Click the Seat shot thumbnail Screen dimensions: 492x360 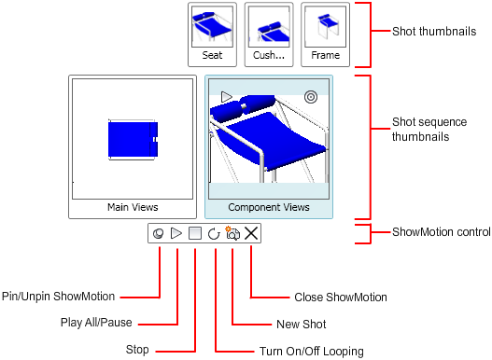(x=212, y=35)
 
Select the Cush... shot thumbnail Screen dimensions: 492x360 (x=269, y=35)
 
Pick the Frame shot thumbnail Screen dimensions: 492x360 (x=326, y=35)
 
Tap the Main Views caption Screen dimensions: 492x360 (x=133, y=207)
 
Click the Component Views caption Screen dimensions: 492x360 (x=269, y=207)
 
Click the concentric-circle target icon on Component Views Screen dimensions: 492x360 (x=311, y=97)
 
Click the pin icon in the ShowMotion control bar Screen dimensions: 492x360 (x=158, y=233)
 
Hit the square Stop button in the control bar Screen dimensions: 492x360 (x=195, y=233)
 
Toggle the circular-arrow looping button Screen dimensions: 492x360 (x=214, y=233)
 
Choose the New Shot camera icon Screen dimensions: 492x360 (x=232, y=233)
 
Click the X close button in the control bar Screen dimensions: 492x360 (x=251, y=233)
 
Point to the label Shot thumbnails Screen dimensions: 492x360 (x=434, y=32)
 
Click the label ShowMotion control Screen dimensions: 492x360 (x=442, y=232)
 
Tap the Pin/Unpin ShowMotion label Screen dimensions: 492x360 (x=59, y=297)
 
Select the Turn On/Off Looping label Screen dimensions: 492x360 (x=312, y=352)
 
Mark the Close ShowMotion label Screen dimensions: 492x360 (x=341, y=298)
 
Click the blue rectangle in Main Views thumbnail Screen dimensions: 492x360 (x=134, y=139)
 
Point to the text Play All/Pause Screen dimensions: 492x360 (x=96, y=323)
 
